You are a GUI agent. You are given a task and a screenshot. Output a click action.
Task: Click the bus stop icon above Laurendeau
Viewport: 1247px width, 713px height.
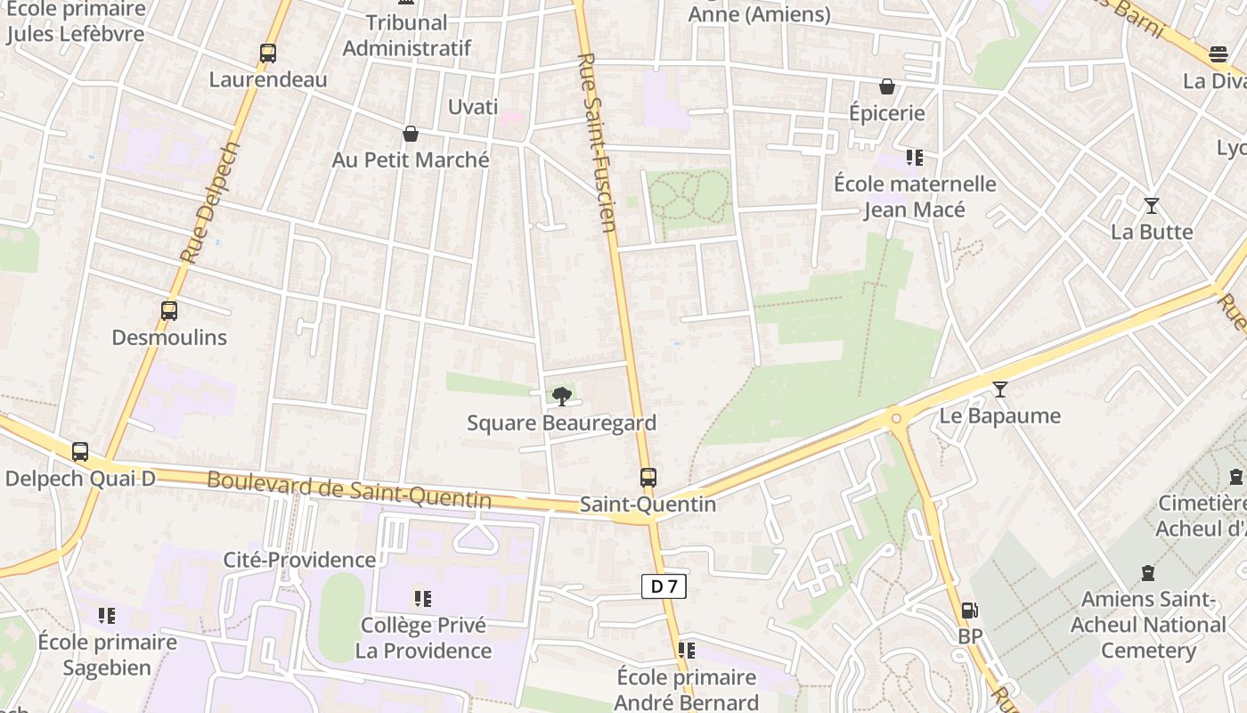coord(268,53)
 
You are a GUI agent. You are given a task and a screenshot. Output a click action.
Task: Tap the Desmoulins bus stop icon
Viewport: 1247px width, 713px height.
coord(169,311)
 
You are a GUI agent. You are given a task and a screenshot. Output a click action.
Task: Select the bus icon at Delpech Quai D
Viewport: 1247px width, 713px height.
coord(80,452)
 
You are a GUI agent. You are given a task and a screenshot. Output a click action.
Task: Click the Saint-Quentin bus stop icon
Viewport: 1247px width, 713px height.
coord(648,478)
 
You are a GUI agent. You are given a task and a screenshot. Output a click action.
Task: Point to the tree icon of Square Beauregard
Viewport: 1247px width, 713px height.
coord(561,396)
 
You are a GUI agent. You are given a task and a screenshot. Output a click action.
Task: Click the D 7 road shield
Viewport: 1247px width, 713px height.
coord(664,586)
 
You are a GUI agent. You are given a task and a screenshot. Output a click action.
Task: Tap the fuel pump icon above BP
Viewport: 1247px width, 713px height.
coord(969,611)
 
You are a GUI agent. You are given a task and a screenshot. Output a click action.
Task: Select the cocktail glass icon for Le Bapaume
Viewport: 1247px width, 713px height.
coord(1000,389)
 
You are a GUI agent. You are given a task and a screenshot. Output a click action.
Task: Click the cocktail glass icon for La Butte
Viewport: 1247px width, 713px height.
coord(1152,206)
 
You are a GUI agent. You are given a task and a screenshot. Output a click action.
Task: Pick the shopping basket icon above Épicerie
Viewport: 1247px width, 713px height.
coord(887,86)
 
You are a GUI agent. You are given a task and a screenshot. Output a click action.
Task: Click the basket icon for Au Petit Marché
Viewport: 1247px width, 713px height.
coord(411,134)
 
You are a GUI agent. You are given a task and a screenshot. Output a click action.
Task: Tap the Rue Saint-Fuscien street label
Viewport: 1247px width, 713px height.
coord(598,143)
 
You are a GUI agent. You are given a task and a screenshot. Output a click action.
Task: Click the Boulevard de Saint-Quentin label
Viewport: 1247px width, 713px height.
coord(349,489)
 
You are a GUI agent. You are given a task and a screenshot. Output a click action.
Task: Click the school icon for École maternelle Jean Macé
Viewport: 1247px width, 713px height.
coord(914,158)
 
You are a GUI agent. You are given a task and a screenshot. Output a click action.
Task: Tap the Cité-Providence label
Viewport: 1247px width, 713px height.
coord(299,560)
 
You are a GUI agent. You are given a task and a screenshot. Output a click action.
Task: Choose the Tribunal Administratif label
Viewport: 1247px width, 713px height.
coord(407,35)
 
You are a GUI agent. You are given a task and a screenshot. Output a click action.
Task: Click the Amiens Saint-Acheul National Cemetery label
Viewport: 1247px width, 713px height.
coord(1148,625)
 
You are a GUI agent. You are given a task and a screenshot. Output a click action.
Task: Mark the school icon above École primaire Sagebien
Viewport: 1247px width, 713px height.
coord(107,615)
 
